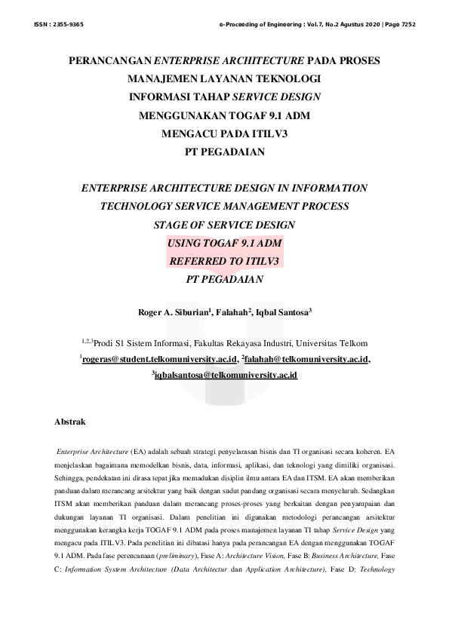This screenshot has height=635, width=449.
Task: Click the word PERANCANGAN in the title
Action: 110,60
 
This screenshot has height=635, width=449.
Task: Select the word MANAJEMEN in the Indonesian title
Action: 162,78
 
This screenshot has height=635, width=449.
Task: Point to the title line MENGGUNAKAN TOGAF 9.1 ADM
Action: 224,115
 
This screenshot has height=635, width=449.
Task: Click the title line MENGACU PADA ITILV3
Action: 224,134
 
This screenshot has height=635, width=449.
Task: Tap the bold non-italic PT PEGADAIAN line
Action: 224,152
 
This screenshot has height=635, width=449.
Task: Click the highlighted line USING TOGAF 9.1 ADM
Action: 224,243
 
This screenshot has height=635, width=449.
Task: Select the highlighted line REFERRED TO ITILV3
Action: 224,261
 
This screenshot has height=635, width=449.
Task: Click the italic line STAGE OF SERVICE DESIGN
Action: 224,225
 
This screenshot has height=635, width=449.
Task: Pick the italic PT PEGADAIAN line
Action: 224,279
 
